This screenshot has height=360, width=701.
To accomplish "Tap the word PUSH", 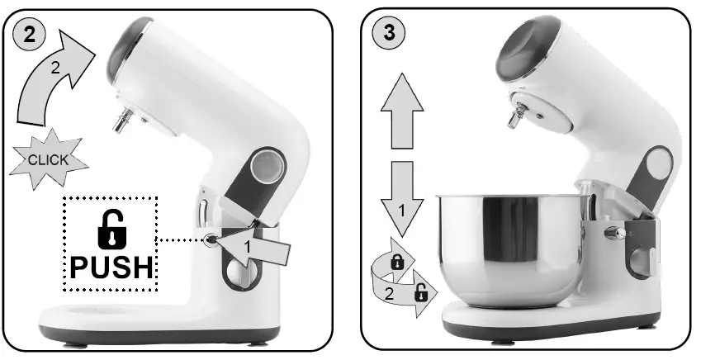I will (x=110, y=268).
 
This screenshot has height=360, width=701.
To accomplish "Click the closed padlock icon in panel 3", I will (x=396, y=262).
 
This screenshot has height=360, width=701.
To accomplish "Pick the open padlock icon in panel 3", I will (x=420, y=290).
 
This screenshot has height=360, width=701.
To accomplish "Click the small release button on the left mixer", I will (x=211, y=240).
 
